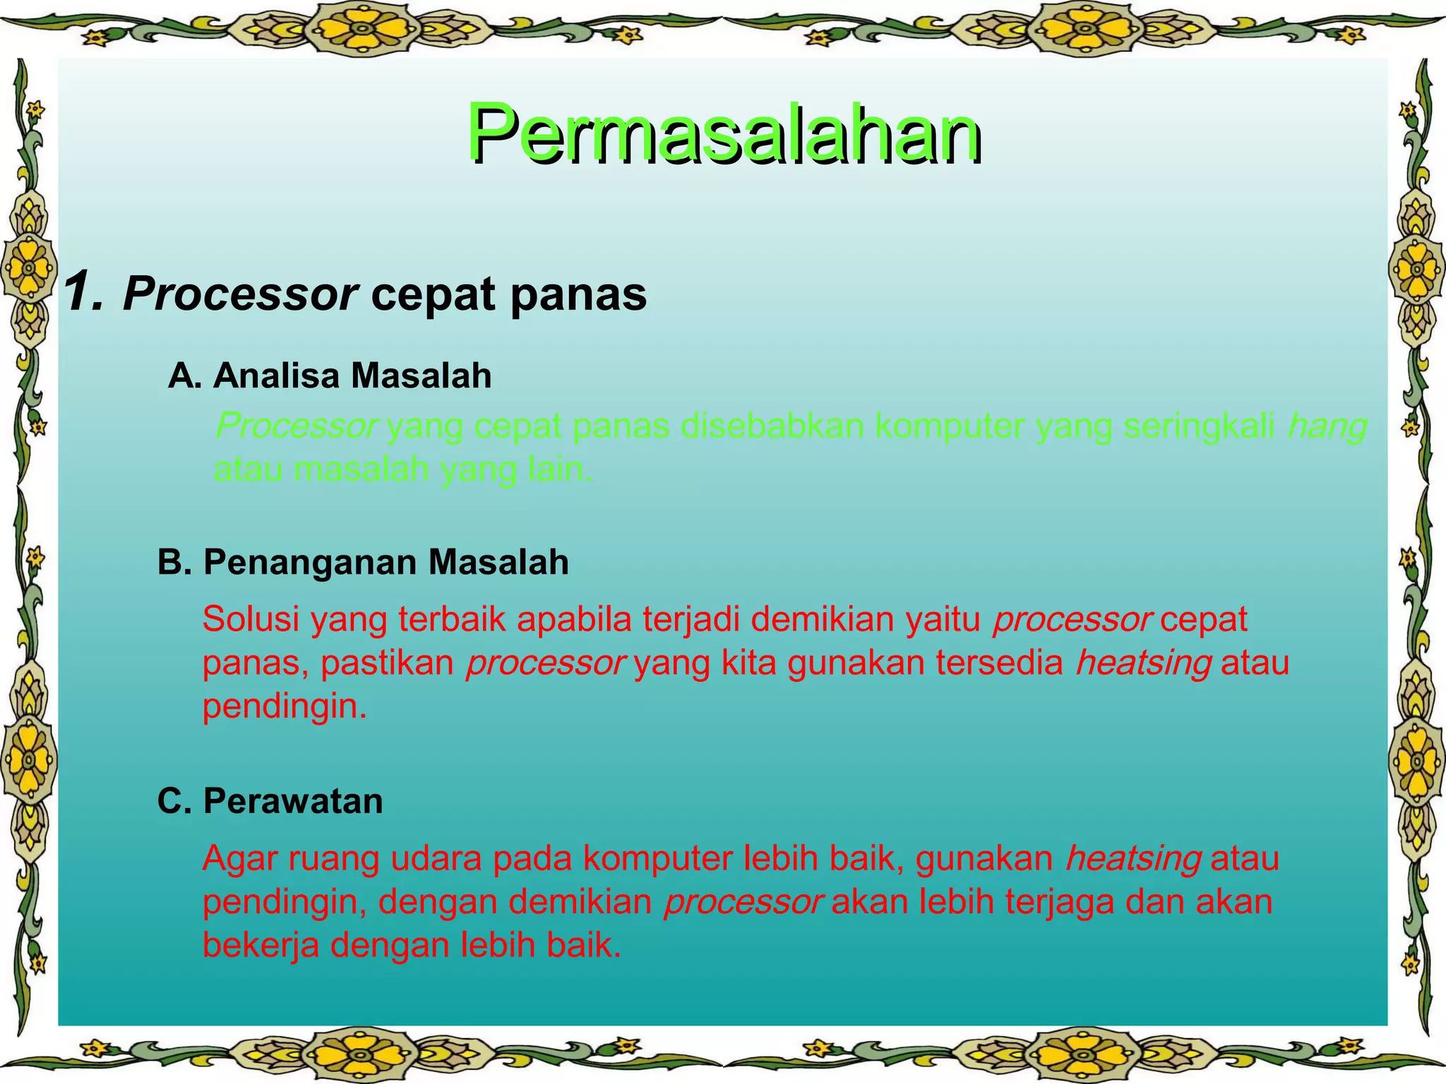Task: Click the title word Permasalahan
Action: tap(723, 134)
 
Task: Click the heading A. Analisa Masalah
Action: tap(330, 375)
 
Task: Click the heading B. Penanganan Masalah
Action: tap(363, 562)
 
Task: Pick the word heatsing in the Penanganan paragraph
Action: tap(1143, 663)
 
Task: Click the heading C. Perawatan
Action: tap(270, 801)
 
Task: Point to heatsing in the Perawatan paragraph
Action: tap(1133, 860)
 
